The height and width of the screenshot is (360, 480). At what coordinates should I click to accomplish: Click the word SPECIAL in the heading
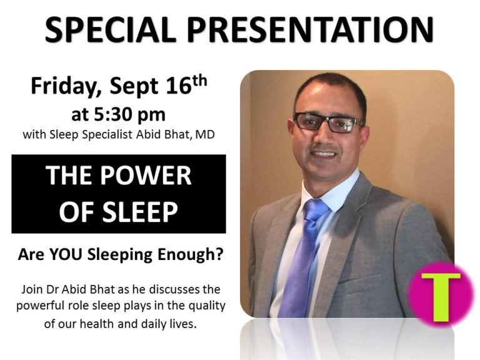coord(111,29)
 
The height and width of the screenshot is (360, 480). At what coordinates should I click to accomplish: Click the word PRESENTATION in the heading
coord(311,29)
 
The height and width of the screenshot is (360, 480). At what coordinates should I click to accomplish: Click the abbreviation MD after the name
coord(205,134)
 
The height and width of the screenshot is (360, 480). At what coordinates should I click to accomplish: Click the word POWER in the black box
coord(146,176)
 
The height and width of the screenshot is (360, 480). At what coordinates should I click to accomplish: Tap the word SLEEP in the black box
coord(140,212)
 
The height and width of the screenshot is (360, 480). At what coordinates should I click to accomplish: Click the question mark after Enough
coord(219,254)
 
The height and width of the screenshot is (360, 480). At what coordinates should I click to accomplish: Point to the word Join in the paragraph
coord(32,289)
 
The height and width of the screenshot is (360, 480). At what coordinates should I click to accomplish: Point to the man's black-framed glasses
coord(327,122)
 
